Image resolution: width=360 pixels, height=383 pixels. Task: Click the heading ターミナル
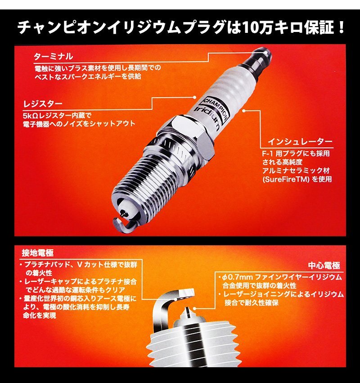(54, 57)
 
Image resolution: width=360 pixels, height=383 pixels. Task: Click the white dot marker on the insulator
(243, 109)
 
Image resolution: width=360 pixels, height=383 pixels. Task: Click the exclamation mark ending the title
(341, 28)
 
